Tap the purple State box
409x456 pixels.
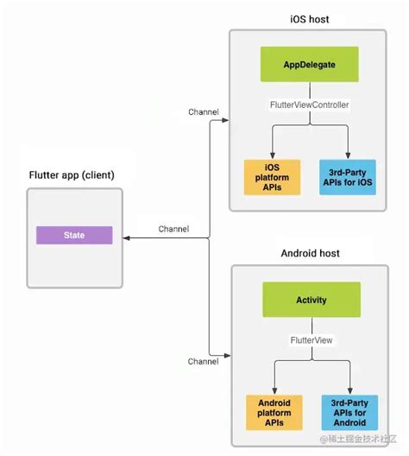click(73, 235)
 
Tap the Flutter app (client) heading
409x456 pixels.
click(71, 174)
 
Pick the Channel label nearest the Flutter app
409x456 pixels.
click(173, 229)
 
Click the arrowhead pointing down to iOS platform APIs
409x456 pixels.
click(272, 154)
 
